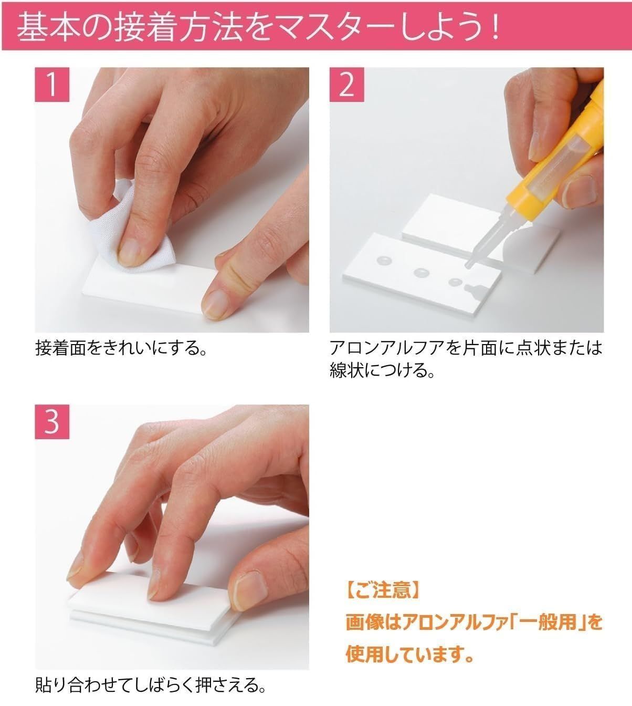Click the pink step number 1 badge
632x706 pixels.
pos(52,85)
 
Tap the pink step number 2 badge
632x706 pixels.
pos(347,85)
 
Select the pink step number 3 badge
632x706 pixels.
pos(52,422)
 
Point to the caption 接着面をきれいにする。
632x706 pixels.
pos(122,348)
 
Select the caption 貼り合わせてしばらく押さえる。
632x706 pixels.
pos(151,685)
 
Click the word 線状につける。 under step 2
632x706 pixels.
pos(382,370)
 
